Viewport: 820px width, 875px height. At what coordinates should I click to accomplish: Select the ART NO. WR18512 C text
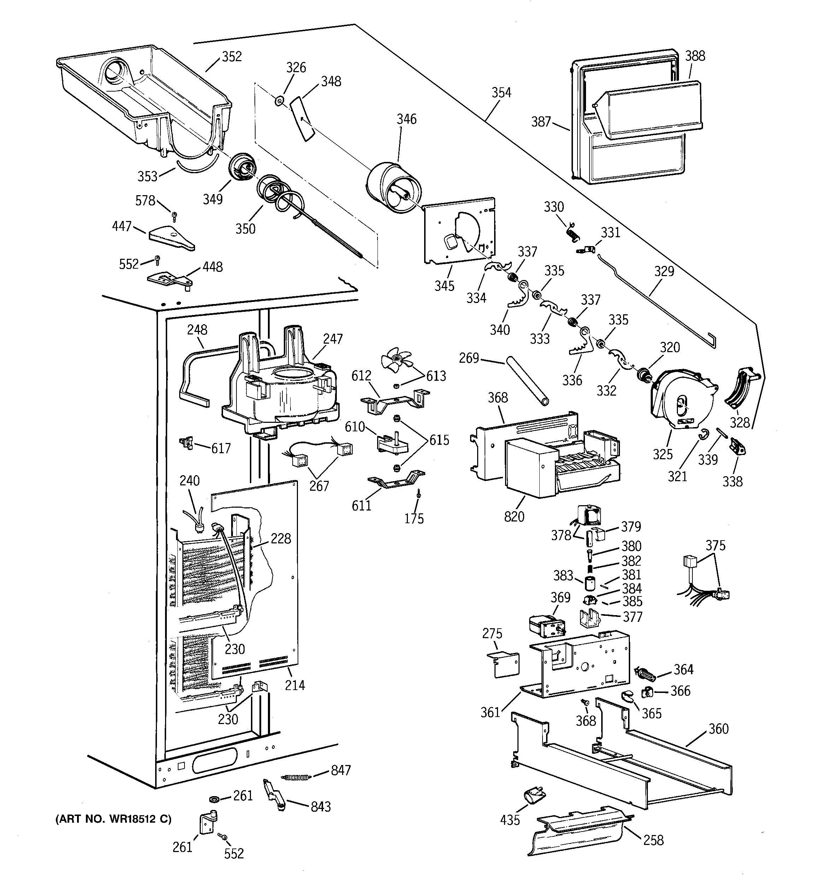tap(113, 819)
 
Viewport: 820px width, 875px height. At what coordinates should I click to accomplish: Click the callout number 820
tap(514, 516)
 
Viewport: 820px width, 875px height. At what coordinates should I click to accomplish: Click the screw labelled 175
tap(417, 495)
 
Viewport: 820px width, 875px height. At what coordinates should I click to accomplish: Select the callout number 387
tap(541, 122)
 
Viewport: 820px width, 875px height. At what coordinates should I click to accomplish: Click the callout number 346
tap(406, 119)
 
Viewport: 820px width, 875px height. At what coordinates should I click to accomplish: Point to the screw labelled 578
tap(175, 216)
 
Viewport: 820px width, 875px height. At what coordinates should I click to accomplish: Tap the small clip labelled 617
tap(187, 442)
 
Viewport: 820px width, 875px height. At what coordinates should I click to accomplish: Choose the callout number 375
tap(715, 546)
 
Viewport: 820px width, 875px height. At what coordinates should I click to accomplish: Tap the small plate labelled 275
tap(504, 664)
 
